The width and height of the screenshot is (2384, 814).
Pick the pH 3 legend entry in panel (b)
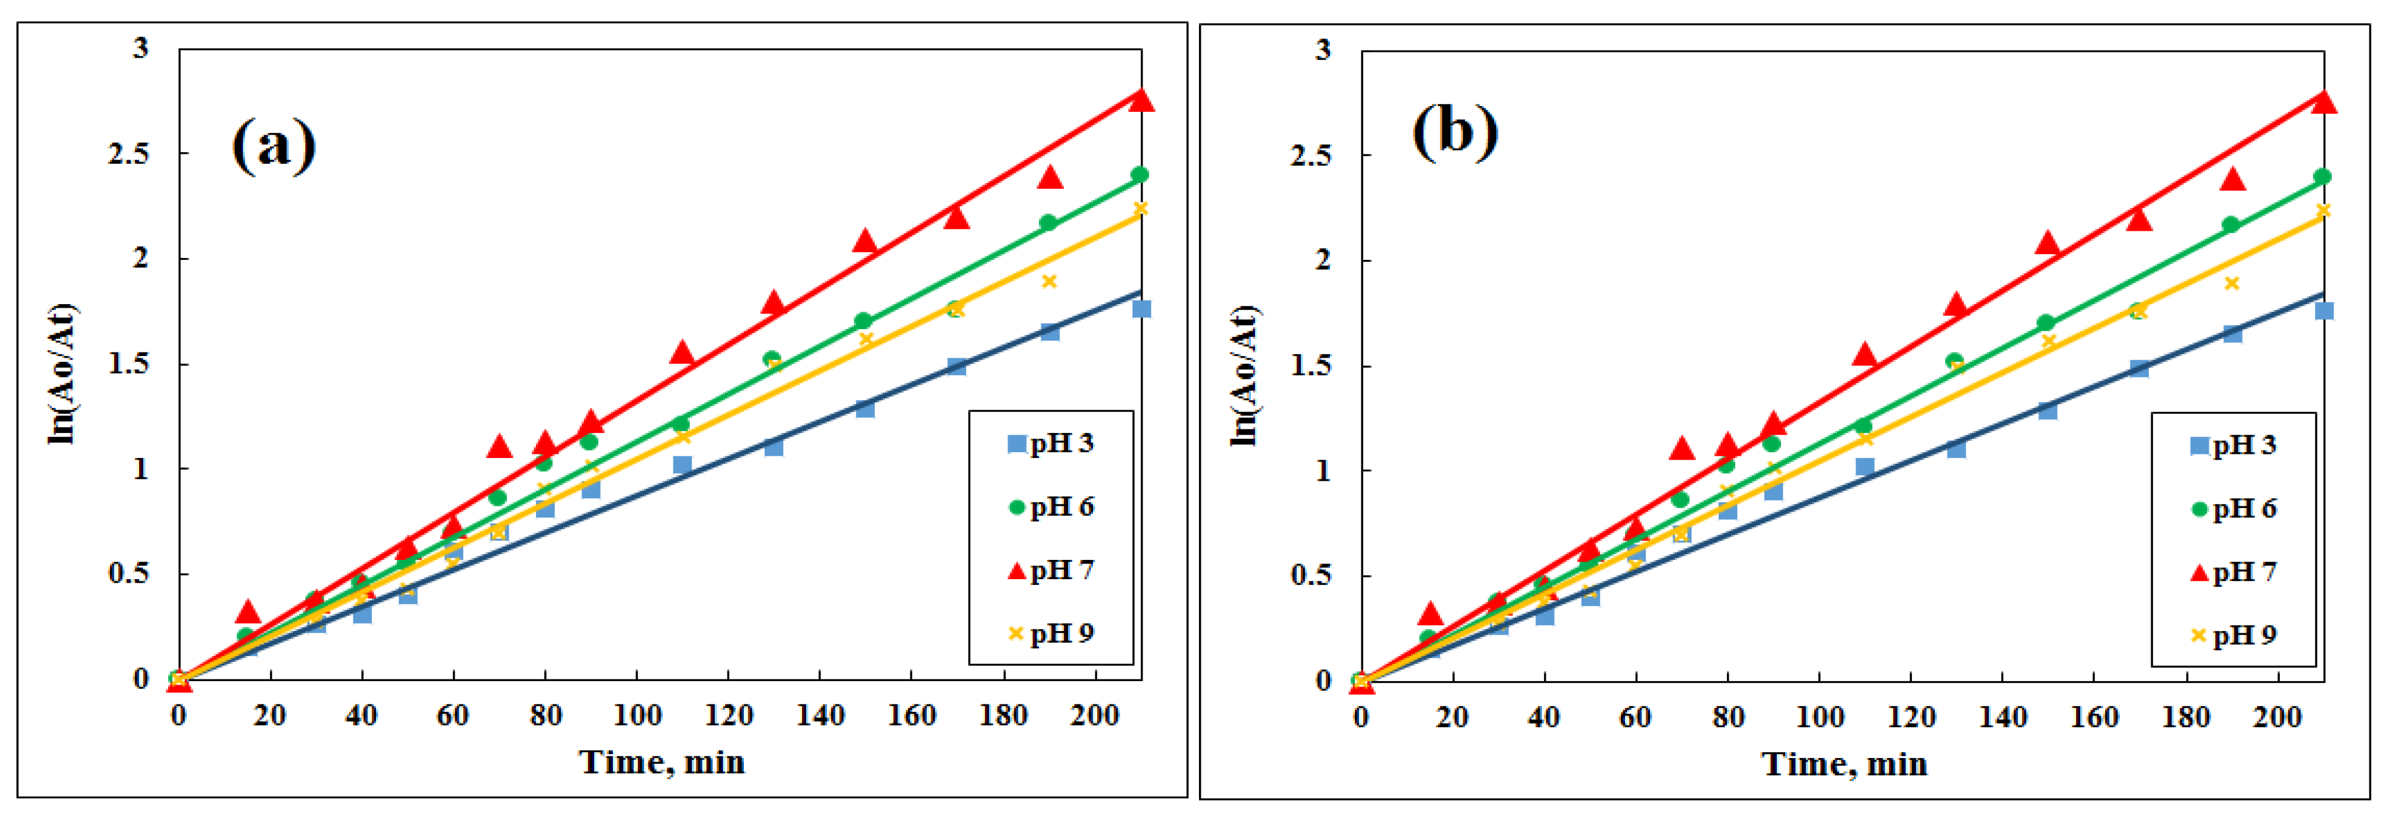pyautogui.click(x=2233, y=445)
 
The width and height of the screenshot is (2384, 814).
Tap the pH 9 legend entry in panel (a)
pyautogui.click(x=1051, y=633)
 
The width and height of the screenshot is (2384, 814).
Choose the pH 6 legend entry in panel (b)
pyautogui.click(x=2233, y=509)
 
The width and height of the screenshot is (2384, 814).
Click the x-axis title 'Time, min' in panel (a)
pyautogui.click(x=662, y=762)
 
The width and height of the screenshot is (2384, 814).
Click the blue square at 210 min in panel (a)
pyautogui.click(x=1141, y=308)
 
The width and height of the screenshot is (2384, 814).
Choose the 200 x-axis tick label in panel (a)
pyautogui.click(x=1094, y=716)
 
